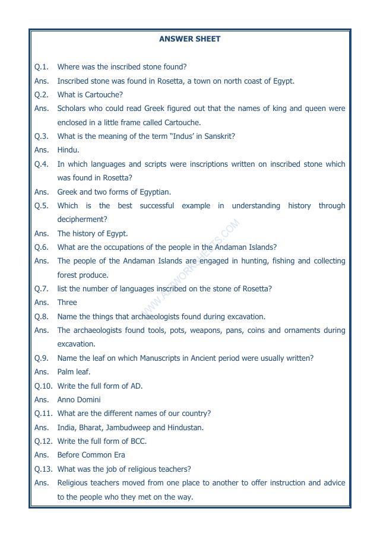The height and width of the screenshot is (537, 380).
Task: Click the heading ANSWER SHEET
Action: [189, 39]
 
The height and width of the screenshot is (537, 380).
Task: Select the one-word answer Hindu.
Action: [68, 150]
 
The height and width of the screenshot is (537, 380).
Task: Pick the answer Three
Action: [67, 303]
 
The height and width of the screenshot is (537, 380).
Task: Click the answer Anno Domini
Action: [79, 400]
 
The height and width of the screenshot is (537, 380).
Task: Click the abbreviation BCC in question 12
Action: [137, 441]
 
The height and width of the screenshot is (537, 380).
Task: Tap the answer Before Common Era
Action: [84, 455]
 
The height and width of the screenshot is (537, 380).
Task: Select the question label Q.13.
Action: [43, 469]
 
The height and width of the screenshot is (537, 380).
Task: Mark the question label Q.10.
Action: [43, 386]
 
